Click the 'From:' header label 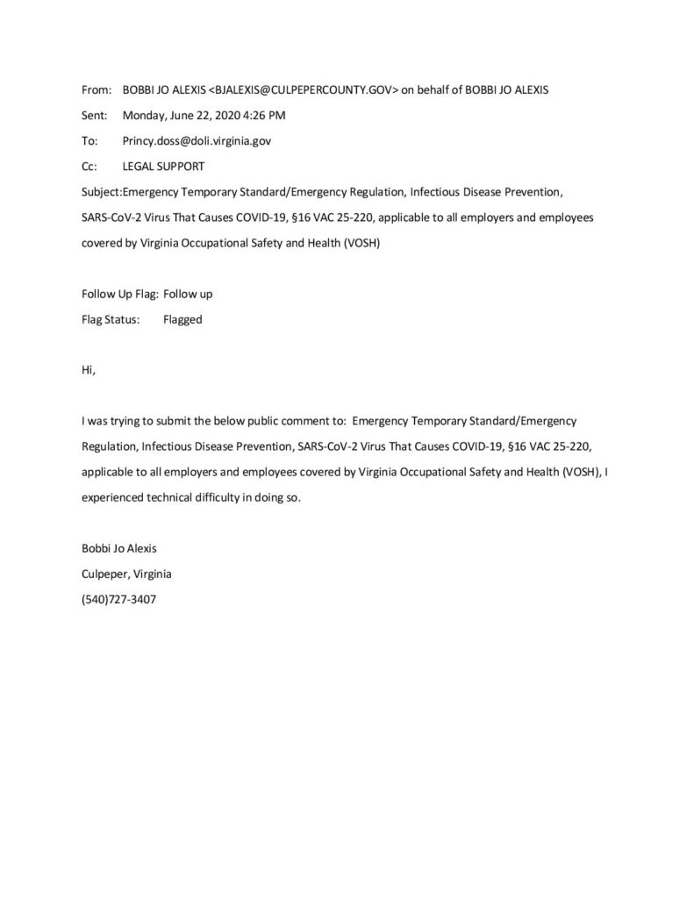[94, 89]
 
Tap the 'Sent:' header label [93, 115]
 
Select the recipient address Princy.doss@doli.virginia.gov [203, 140]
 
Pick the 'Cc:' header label [89, 166]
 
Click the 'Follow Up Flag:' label [119, 294]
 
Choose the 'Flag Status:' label [110, 319]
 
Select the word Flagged [182, 319]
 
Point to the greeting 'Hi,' [87, 370]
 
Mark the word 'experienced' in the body [111, 497]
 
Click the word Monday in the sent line [145, 115]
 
